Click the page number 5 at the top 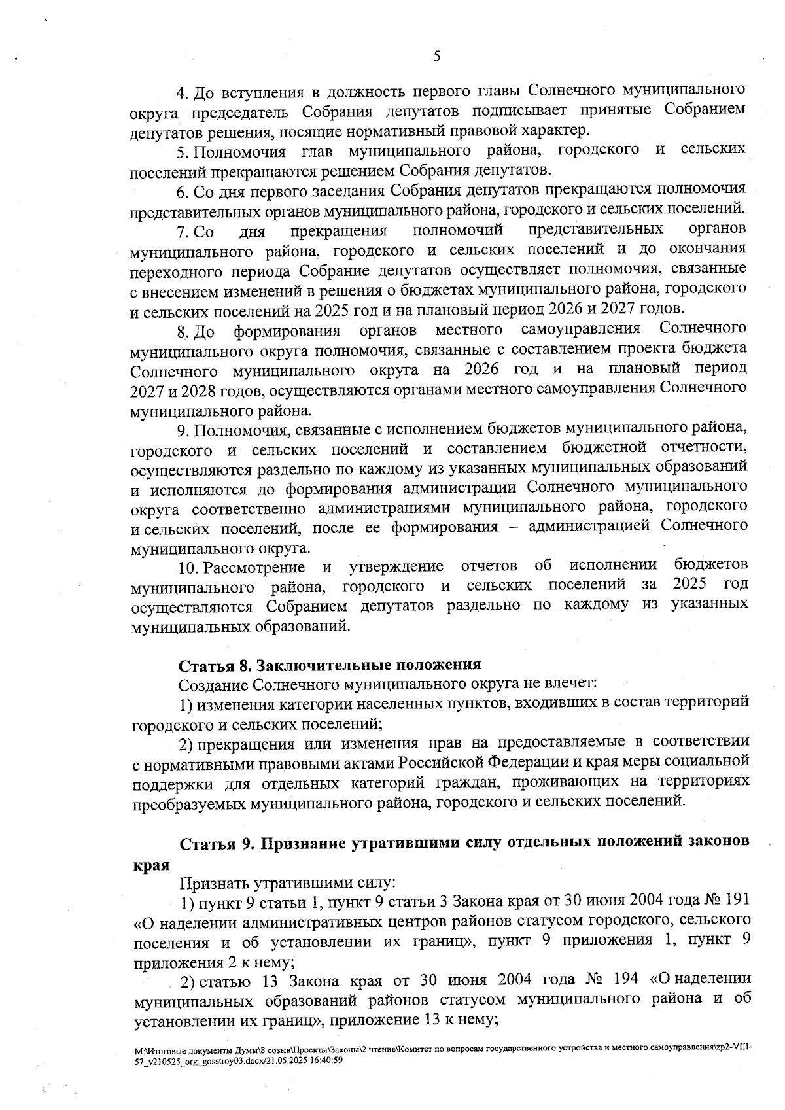436,56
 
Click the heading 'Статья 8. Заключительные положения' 330,665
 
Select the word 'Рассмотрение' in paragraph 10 254,566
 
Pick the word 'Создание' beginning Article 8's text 213,685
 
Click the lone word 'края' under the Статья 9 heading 150,864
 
